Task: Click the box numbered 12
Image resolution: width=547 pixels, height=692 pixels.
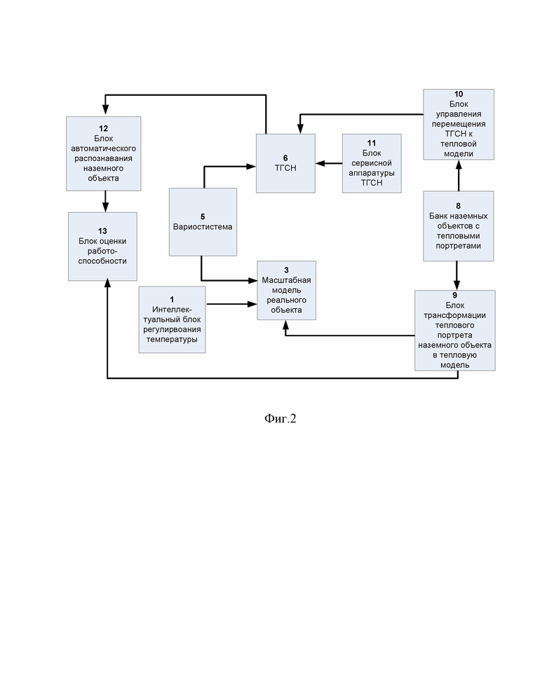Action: [103, 153]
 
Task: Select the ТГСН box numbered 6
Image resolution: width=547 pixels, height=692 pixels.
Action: [285, 163]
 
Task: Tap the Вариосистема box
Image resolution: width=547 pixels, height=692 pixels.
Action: [203, 222]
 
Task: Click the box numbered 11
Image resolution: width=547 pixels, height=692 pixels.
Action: [372, 163]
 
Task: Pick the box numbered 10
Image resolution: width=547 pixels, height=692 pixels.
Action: [459, 125]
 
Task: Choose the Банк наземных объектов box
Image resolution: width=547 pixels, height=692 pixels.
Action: [458, 226]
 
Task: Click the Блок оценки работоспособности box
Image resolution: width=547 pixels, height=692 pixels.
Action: [102, 247]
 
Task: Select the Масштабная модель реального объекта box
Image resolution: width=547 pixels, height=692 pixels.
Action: [286, 291]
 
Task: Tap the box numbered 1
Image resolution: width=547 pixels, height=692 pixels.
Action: [172, 319]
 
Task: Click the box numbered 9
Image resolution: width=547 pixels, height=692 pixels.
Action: [454, 331]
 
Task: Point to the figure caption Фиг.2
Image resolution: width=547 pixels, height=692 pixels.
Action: [280, 418]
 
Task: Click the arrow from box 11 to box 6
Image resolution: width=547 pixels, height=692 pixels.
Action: [329, 163]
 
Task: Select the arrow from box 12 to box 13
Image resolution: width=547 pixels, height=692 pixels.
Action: [105, 202]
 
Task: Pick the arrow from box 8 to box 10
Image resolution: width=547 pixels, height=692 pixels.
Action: [459, 176]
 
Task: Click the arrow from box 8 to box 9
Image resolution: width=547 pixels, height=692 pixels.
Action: [457, 276]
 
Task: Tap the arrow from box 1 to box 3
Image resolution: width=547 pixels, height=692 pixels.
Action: [231, 304]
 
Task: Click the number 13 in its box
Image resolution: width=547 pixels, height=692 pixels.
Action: [102, 231]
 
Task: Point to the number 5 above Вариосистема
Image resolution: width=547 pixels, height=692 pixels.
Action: [203, 216]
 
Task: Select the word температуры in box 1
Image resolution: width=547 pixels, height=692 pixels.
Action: [172, 340]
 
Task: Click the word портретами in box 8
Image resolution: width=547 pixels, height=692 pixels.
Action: [458, 246]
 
